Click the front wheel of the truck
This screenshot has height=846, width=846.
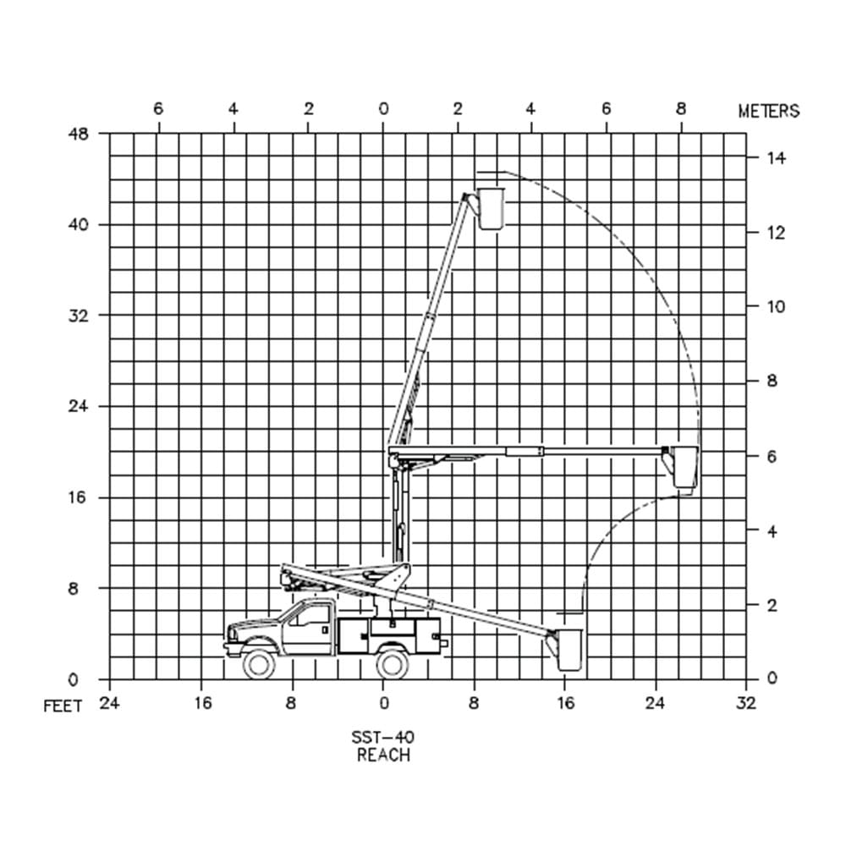pos(259,663)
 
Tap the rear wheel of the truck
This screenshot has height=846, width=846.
pos(393,663)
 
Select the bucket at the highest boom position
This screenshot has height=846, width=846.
pos(491,209)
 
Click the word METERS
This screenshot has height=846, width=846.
pos(769,111)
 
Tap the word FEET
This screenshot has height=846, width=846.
pos(63,706)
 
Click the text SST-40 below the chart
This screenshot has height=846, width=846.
pos(383,737)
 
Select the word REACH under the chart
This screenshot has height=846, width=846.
pos(383,755)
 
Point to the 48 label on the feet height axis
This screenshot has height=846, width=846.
pos(78,134)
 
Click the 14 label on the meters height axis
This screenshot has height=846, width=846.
pos(777,158)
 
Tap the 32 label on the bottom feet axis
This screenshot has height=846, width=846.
pos(747,703)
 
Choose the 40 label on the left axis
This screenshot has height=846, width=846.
pos(78,224)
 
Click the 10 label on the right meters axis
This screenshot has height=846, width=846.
pos(776,307)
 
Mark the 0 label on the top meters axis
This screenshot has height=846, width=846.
pos(383,109)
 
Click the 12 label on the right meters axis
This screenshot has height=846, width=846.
pos(776,233)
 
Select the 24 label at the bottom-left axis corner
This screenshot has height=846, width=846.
pos(109,703)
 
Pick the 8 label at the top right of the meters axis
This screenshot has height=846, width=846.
pos(681,109)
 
